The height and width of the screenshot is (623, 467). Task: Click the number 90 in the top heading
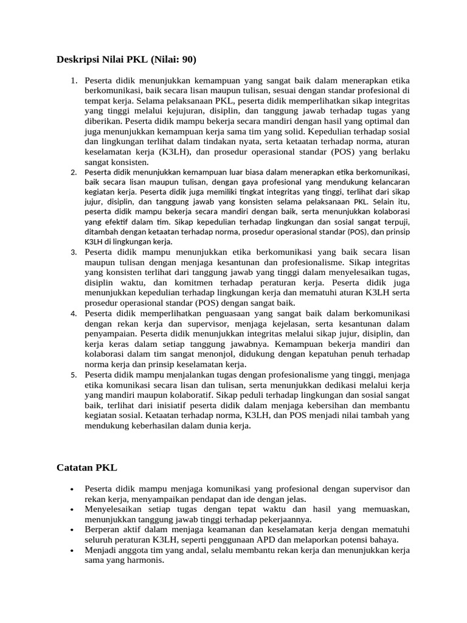[x=185, y=60]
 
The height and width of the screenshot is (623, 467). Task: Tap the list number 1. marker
[x=74, y=80]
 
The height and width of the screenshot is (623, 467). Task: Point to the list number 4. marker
[x=74, y=313]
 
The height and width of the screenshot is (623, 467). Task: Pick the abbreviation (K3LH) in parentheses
[x=176, y=152]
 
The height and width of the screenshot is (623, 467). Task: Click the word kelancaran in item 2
[x=387, y=182]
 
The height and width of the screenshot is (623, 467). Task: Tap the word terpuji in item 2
[x=395, y=222]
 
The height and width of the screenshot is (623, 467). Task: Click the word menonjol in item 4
[x=195, y=353]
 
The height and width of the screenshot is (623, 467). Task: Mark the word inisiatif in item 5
[x=181, y=405]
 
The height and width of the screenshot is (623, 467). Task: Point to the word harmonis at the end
[x=144, y=560]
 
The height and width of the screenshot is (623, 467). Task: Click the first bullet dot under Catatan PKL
[x=72, y=489]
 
